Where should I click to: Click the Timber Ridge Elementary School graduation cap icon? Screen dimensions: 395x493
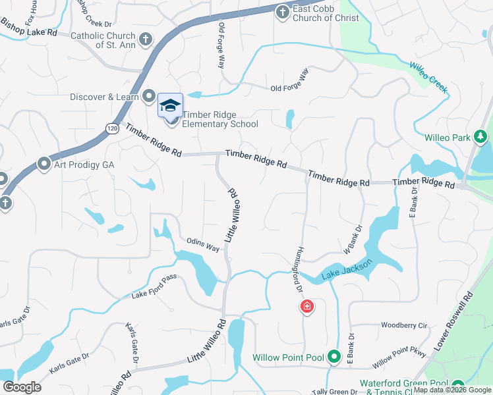(x=170, y=105)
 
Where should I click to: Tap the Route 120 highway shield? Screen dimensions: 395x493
(x=113, y=128)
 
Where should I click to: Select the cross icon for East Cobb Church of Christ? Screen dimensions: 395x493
(x=282, y=12)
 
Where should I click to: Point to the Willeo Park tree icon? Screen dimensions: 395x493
(x=481, y=137)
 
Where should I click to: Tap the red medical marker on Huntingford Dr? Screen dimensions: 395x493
(x=306, y=306)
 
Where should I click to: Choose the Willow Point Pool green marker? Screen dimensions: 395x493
(x=334, y=357)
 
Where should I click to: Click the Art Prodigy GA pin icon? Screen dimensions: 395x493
(x=44, y=163)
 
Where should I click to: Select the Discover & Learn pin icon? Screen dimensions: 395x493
(x=148, y=97)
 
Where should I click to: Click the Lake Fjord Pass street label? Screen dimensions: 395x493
(x=154, y=286)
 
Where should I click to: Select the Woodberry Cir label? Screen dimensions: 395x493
(x=404, y=325)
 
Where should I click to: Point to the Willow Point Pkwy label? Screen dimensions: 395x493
(x=400, y=359)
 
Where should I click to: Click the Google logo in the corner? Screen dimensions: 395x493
(x=22, y=387)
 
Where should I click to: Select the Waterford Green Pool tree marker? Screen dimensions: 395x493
(x=457, y=385)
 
